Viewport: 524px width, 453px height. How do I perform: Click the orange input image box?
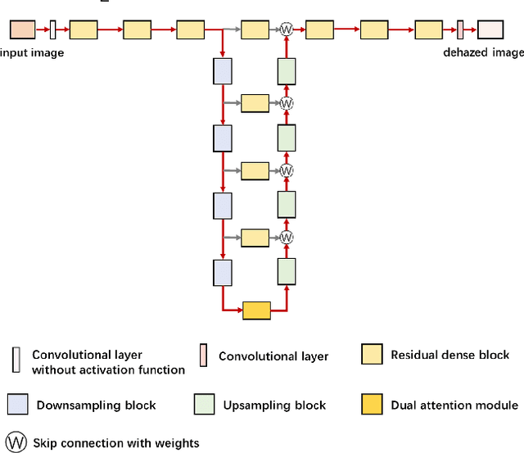point(22,30)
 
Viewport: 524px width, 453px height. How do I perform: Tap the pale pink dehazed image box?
point(490,30)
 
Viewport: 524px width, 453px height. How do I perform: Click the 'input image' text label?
point(31,52)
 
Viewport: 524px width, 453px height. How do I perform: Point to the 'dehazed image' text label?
point(482,52)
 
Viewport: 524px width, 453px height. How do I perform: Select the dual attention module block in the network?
point(256,310)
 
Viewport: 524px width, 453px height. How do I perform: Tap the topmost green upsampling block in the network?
point(286,71)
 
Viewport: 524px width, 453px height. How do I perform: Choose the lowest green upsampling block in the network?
point(286,270)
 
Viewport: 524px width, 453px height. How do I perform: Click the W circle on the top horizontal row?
point(287,29)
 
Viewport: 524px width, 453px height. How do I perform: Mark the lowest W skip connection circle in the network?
point(287,238)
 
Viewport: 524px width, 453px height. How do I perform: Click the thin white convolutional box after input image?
point(53,30)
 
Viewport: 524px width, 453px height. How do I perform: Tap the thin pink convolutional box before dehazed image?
point(460,30)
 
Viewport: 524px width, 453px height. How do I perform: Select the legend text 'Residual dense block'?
point(449,355)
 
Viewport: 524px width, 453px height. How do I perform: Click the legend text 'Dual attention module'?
point(454,405)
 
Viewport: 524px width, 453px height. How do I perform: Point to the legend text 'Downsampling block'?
point(97,405)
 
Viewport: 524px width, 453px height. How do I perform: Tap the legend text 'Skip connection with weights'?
point(115,443)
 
